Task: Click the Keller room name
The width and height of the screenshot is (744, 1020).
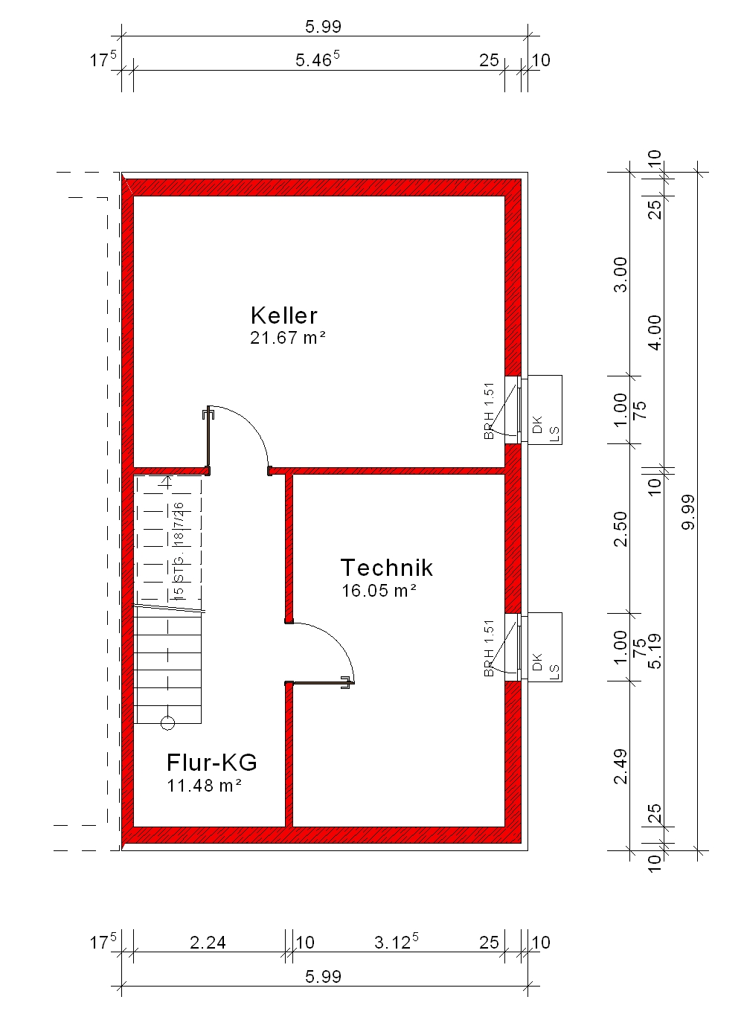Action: (x=283, y=315)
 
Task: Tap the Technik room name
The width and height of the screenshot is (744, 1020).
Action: (x=387, y=568)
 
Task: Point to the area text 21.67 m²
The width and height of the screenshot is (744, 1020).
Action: (x=288, y=338)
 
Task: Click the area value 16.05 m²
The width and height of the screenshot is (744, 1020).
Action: (x=379, y=591)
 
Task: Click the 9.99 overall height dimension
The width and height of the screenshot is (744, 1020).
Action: (x=688, y=512)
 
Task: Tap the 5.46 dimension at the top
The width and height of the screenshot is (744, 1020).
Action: (x=318, y=59)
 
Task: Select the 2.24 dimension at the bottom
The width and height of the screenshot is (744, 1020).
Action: (x=208, y=942)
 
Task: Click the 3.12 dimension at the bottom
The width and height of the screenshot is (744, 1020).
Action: (x=396, y=941)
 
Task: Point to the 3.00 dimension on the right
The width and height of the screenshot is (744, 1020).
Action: (x=620, y=275)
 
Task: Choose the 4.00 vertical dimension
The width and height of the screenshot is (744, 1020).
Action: (x=654, y=333)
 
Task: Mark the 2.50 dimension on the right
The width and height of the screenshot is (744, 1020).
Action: (x=620, y=529)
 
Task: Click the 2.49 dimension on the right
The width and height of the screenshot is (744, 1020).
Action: (x=620, y=767)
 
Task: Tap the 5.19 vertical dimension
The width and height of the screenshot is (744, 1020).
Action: (x=654, y=651)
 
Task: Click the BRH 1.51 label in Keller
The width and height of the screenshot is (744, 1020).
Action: (x=489, y=411)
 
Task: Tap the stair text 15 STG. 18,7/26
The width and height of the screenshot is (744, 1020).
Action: (x=179, y=551)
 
